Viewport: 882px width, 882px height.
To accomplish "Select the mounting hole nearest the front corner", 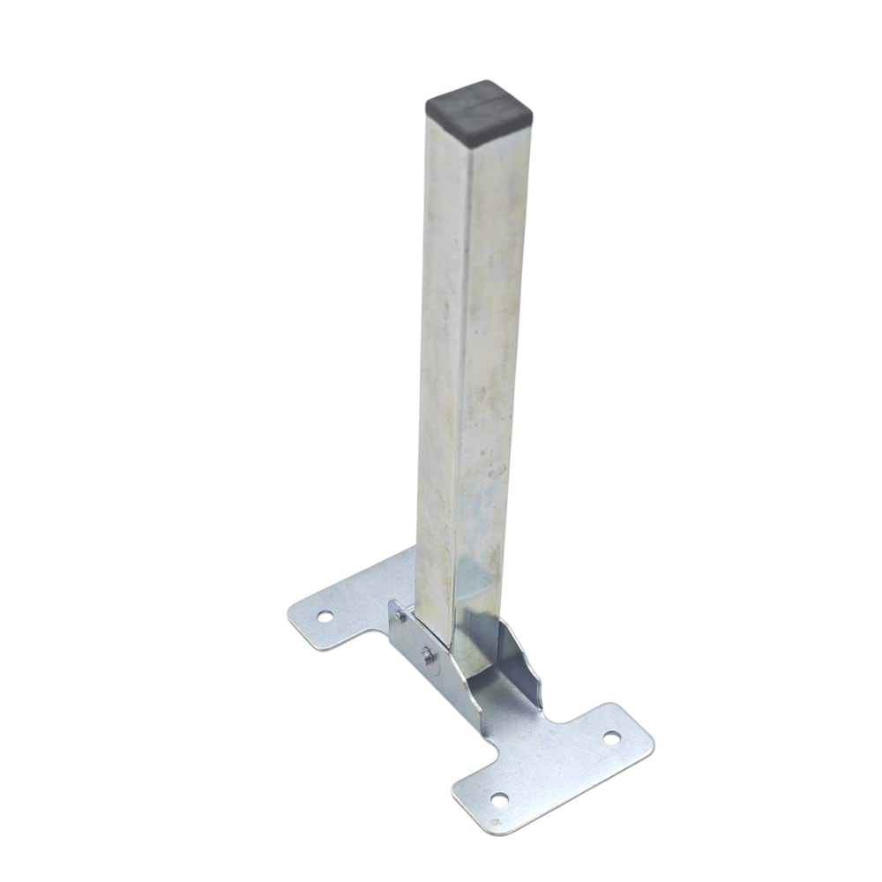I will point(499,801).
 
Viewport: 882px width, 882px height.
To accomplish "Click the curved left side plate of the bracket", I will point(423,670).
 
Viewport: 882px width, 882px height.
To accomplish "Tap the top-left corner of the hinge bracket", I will point(392,602).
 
